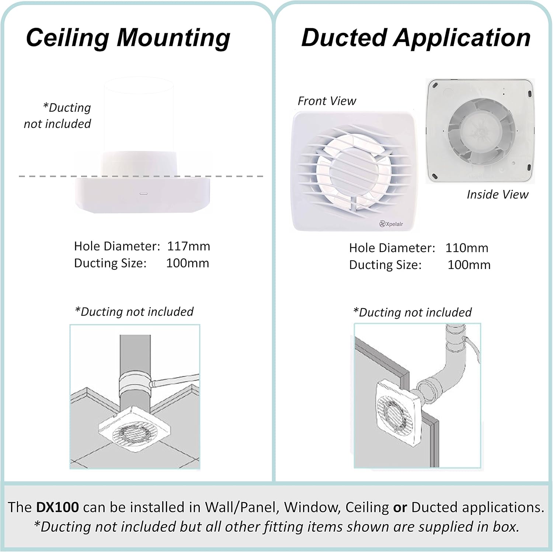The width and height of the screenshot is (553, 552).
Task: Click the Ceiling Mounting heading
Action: point(128,38)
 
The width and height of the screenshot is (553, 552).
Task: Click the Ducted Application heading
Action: point(416,38)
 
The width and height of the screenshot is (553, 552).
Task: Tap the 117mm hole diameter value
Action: point(188,246)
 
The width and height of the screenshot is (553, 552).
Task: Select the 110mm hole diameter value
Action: point(467,248)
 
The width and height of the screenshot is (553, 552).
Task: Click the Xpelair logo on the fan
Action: point(391,224)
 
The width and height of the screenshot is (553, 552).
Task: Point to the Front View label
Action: point(327,101)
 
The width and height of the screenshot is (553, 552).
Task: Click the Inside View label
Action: point(498,194)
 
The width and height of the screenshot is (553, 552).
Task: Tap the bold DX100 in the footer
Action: point(58,507)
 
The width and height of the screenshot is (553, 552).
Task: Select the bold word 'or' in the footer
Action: point(400,508)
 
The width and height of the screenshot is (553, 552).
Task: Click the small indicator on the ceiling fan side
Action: point(143,193)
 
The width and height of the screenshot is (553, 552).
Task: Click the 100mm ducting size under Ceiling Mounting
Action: point(187,263)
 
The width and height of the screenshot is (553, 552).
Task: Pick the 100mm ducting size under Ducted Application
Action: point(469,265)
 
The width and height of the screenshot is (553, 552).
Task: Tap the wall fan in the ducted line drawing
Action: point(397,413)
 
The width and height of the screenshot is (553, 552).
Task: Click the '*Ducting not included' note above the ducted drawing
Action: point(412,313)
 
